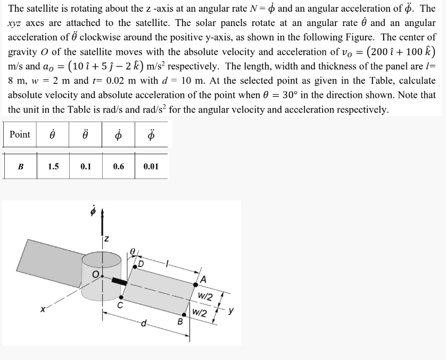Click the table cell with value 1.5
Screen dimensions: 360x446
click(53, 166)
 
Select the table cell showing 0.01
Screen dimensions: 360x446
click(151, 166)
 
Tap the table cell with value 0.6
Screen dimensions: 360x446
click(118, 166)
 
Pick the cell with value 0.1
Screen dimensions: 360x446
click(86, 166)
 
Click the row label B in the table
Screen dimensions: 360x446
click(20, 166)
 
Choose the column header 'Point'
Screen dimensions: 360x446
click(20, 135)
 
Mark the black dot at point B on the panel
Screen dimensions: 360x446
click(184, 314)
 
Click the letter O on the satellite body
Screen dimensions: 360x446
click(96, 274)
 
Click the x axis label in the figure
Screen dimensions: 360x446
click(41, 308)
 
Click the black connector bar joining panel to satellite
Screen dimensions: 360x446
click(119, 280)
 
